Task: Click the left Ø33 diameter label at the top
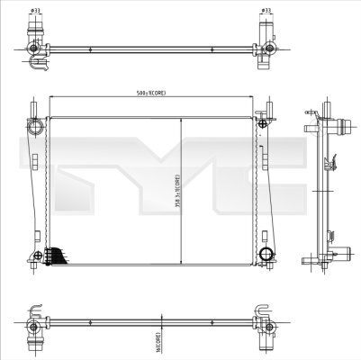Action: point(35,11)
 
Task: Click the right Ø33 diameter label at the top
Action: point(266,11)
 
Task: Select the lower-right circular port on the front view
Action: point(266,256)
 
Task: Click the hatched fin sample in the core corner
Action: point(57,257)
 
